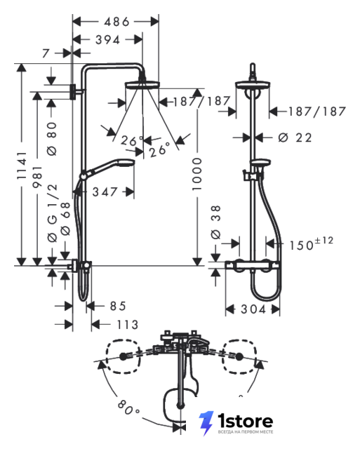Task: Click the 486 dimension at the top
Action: pyautogui.click(x=116, y=22)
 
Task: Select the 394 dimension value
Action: pyautogui.click(x=107, y=40)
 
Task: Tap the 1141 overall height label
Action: pyautogui.click(x=22, y=166)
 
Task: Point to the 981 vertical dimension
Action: pyautogui.click(x=37, y=177)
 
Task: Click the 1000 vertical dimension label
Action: pyautogui.click(x=197, y=174)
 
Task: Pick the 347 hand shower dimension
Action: pyautogui.click(x=105, y=192)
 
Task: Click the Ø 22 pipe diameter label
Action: pyautogui.click(x=295, y=138)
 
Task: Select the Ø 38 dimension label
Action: pyautogui.click(x=216, y=222)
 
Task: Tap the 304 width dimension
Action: pyautogui.click(x=253, y=309)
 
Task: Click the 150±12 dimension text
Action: pyautogui.click(x=312, y=243)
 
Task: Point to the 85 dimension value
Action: pyautogui.click(x=118, y=306)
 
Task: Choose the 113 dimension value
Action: pyautogui.click(x=128, y=325)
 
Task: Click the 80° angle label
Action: pyautogui.click(x=128, y=408)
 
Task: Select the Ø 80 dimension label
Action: pyautogui.click(x=53, y=139)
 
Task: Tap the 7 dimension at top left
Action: pyautogui.click(x=46, y=53)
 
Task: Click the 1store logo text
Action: pyautogui.click(x=245, y=421)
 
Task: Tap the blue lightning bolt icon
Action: pyautogui.click(x=206, y=423)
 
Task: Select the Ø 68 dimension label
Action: pyautogui.click(x=65, y=219)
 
